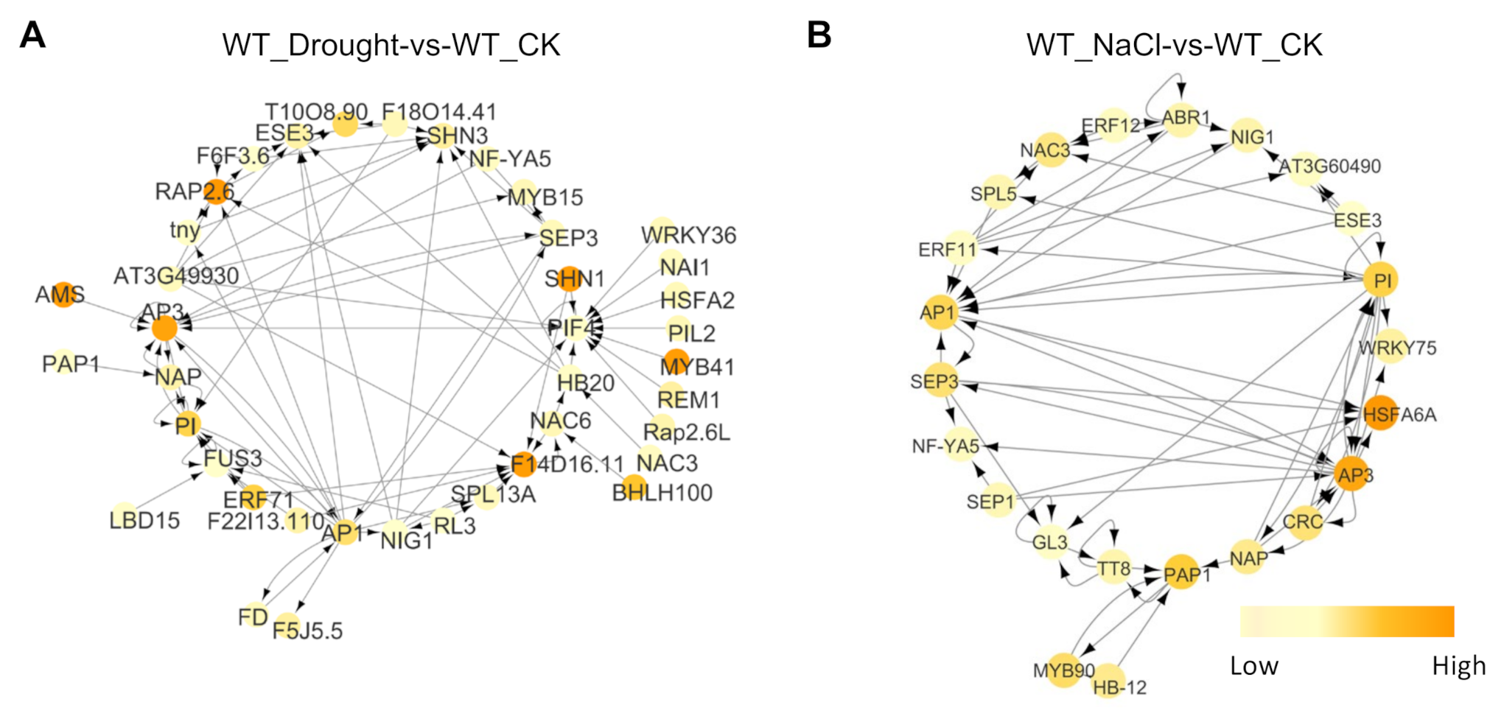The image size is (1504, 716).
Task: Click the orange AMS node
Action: pyautogui.click(x=63, y=294)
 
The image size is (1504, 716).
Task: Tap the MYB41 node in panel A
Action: pyautogui.click(x=676, y=362)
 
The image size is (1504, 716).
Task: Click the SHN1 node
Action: pyautogui.click(x=568, y=279)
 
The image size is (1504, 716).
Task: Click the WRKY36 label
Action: pyautogui.click(x=688, y=236)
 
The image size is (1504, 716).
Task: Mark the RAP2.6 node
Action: pyautogui.click(x=216, y=191)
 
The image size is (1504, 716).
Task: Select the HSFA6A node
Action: pyautogui.click(x=1379, y=413)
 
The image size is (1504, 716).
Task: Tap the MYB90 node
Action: pyautogui.click(x=1063, y=670)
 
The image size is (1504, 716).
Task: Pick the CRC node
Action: pyautogui.click(x=1304, y=522)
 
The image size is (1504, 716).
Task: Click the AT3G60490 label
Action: pyautogui.click(x=1329, y=166)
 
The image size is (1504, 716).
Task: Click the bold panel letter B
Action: pyautogui.click(x=819, y=35)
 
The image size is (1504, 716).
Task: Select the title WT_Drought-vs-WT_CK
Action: pyautogui.click(x=391, y=45)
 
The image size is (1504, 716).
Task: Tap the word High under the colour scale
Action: pyautogui.click(x=1458, y=666)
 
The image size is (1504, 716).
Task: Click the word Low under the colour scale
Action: pyautogui.click(x=1254, y=666)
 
